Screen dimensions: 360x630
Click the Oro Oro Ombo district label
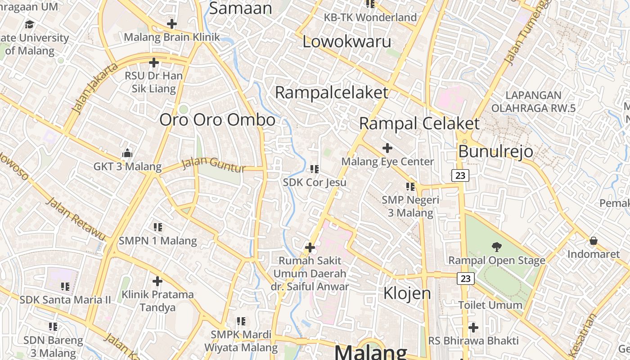217,120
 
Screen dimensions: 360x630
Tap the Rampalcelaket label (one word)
331,93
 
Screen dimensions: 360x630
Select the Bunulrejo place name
495,152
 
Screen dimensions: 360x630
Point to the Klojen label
407,293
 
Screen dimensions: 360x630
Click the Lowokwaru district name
346,42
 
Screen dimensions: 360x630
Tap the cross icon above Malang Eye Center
387,148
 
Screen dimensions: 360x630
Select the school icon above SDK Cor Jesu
315,169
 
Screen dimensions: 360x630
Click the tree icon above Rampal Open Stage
496,247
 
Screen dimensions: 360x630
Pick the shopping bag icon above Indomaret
593,241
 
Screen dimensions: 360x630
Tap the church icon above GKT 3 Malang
127,153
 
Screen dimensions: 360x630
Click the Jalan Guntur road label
214,165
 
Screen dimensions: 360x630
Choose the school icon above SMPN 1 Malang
157,227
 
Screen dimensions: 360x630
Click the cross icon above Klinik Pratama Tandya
157,282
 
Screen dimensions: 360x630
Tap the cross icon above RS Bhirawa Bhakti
473,327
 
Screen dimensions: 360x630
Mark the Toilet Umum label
490,305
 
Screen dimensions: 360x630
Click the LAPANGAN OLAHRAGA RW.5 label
533,102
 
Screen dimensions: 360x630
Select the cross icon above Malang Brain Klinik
171,23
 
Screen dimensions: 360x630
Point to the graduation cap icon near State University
30,24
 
